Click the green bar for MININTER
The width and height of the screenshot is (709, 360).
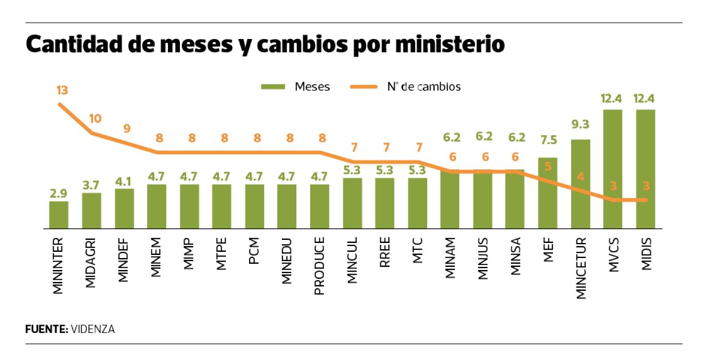58,215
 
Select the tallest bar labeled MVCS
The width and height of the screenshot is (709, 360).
612,169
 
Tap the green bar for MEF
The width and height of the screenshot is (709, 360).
548,193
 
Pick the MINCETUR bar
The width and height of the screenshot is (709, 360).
580,184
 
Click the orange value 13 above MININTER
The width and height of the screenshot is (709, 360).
62,90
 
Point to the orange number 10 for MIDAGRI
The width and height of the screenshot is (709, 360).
95,119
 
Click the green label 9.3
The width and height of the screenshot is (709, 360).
580,125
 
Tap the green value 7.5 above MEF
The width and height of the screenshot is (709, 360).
548,141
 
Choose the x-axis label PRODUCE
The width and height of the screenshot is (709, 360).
319,266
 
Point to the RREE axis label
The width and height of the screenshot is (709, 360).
385,253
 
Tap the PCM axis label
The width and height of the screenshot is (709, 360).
254,251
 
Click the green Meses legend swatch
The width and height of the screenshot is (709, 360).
273,87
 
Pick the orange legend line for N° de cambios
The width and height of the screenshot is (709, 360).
363,87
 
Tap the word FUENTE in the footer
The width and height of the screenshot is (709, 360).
46,329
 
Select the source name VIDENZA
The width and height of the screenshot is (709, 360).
93,329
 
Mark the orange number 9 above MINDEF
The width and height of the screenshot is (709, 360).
127,129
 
